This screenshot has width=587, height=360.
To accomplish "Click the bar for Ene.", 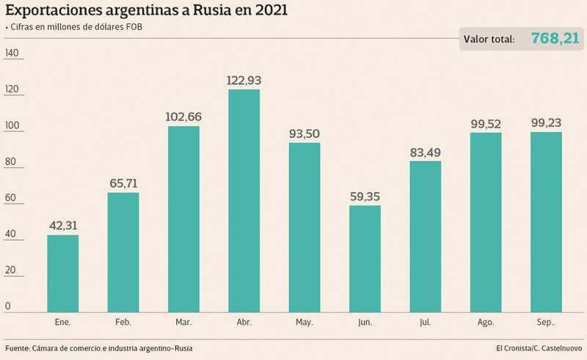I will click(x=62, y=272).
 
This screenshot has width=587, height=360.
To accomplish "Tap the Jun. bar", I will click(x=365, y=257).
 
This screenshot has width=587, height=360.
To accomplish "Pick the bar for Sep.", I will click(x=546, y=221).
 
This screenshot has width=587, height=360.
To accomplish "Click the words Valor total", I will click(x=491, y=40).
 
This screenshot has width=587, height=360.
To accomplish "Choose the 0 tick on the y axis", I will click(x=7, y=306).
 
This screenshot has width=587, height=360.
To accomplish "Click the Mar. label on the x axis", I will click(x=183, y=323).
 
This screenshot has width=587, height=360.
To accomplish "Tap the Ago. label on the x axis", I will click(x=486, y=323).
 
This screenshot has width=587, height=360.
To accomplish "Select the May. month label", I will click(x=305, y=323).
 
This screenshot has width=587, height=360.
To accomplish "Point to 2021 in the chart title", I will click(x=267, y=10).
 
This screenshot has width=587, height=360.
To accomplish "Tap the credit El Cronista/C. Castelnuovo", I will click(x=538, y=348).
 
